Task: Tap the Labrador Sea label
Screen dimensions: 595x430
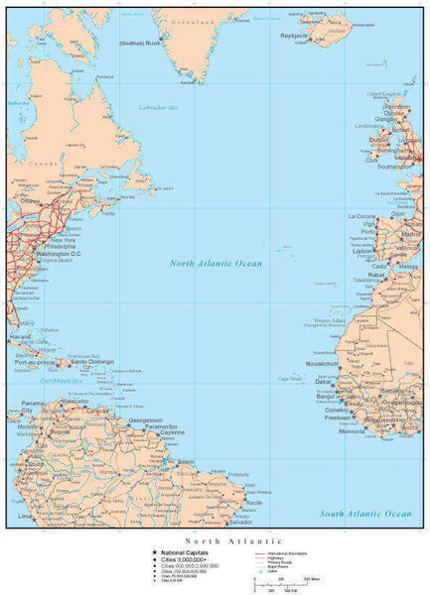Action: point(158,105)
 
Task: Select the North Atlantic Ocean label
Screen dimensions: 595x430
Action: point(215,263)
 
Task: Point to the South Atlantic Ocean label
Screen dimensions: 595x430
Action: point(365,514)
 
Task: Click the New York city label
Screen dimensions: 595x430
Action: point(64,240)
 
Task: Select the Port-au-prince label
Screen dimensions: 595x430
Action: point(34,363)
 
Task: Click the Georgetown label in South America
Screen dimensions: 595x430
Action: point(145,419)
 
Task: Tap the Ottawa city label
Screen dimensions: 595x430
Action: point(30,201)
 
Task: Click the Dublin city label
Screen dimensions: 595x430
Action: point(378,140)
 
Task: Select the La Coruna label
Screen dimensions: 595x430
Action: point(361,216)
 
